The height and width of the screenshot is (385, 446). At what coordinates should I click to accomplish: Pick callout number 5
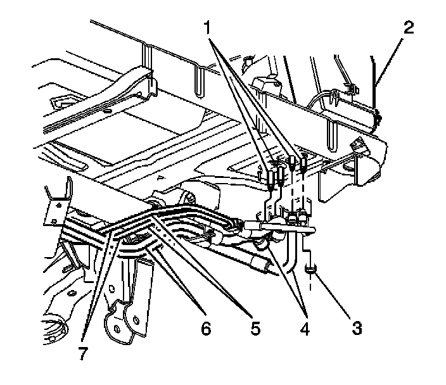pos(253,328)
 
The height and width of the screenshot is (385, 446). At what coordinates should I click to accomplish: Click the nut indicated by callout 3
pos(310,270)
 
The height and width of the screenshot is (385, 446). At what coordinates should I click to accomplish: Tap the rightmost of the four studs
pos(305,166)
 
